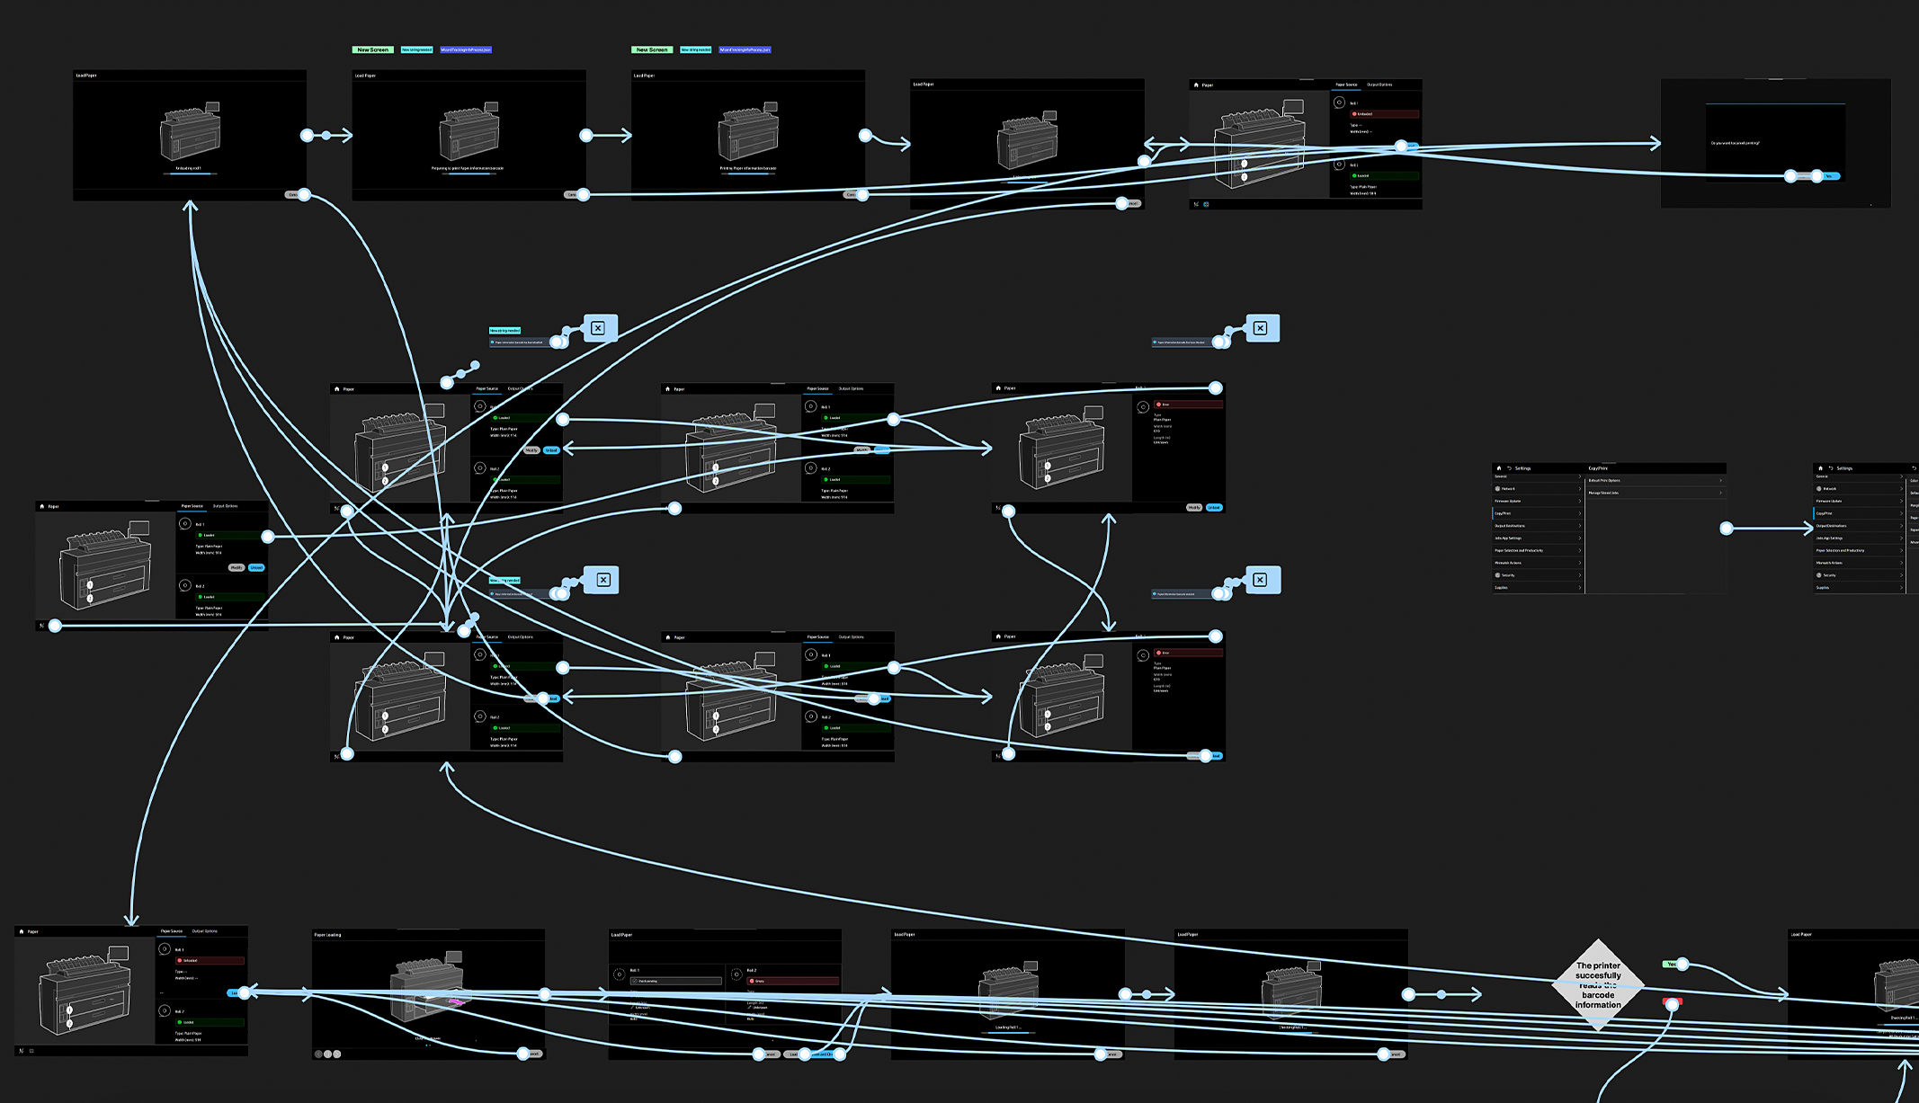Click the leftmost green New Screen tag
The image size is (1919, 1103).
[x=372, y=49]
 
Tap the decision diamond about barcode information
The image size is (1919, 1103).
[x=1598, y=985]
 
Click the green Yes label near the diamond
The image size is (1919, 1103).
[x=1671, y=964]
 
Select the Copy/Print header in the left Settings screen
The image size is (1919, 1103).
[x=1598, y=468]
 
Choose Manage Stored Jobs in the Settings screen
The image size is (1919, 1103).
[x=1603, y=493]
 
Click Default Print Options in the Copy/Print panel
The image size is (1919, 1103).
[x=1604, y=481]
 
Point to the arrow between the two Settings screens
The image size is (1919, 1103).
[x=1770, y=529]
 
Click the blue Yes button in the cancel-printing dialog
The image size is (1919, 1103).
[x=1828, y=176]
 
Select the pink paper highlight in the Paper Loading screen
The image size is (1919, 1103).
[x=456, y=1000]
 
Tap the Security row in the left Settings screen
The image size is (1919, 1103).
[x=1508, y=575]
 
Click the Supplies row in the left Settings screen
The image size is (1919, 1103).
[x=1502, y=588]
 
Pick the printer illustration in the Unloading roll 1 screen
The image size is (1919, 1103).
[x=190, y=132]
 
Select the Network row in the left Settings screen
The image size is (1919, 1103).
[x=1508, y=489]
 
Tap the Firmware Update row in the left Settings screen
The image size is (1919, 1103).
[x=1508, y=501]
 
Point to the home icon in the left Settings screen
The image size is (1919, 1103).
[x=1498, y=468]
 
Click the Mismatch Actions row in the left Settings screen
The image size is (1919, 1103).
[x=1508, y=563]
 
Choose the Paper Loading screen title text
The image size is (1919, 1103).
[x=327, y=935]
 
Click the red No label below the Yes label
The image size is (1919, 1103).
[x=1672, y=1001]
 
